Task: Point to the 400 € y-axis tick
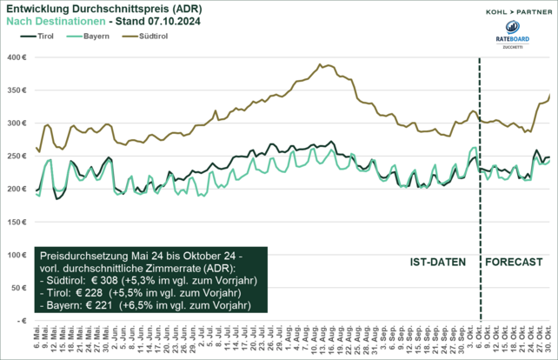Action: (16, 57)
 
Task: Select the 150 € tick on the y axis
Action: (16, 222)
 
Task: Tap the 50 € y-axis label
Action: (17, 288)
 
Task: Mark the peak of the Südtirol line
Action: (321, 64)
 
